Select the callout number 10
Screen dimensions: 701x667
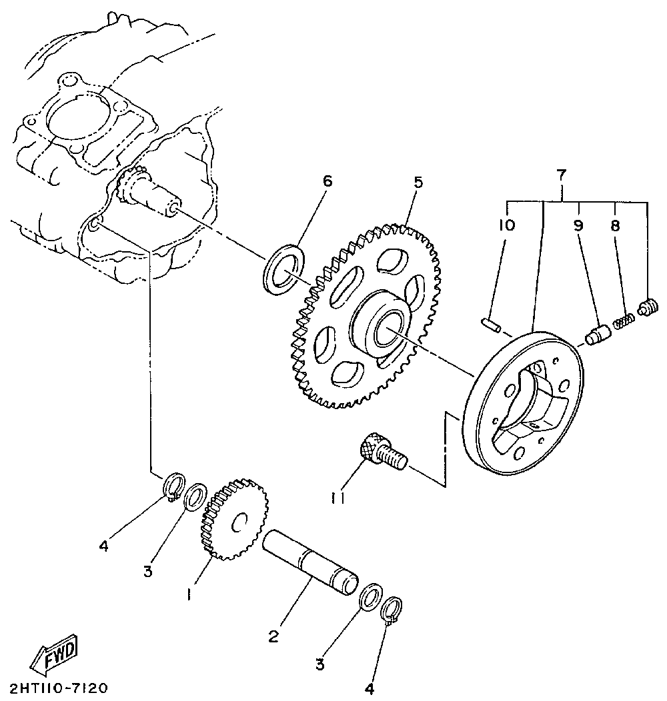pyautogui.click(x=506, y=225)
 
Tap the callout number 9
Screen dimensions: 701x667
pyautogui.click(x=578, y=225)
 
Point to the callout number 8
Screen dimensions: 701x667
pyautogui.click(x=614, y=225)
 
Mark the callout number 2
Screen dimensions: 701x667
pyautogui.click(x=273, y=636)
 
